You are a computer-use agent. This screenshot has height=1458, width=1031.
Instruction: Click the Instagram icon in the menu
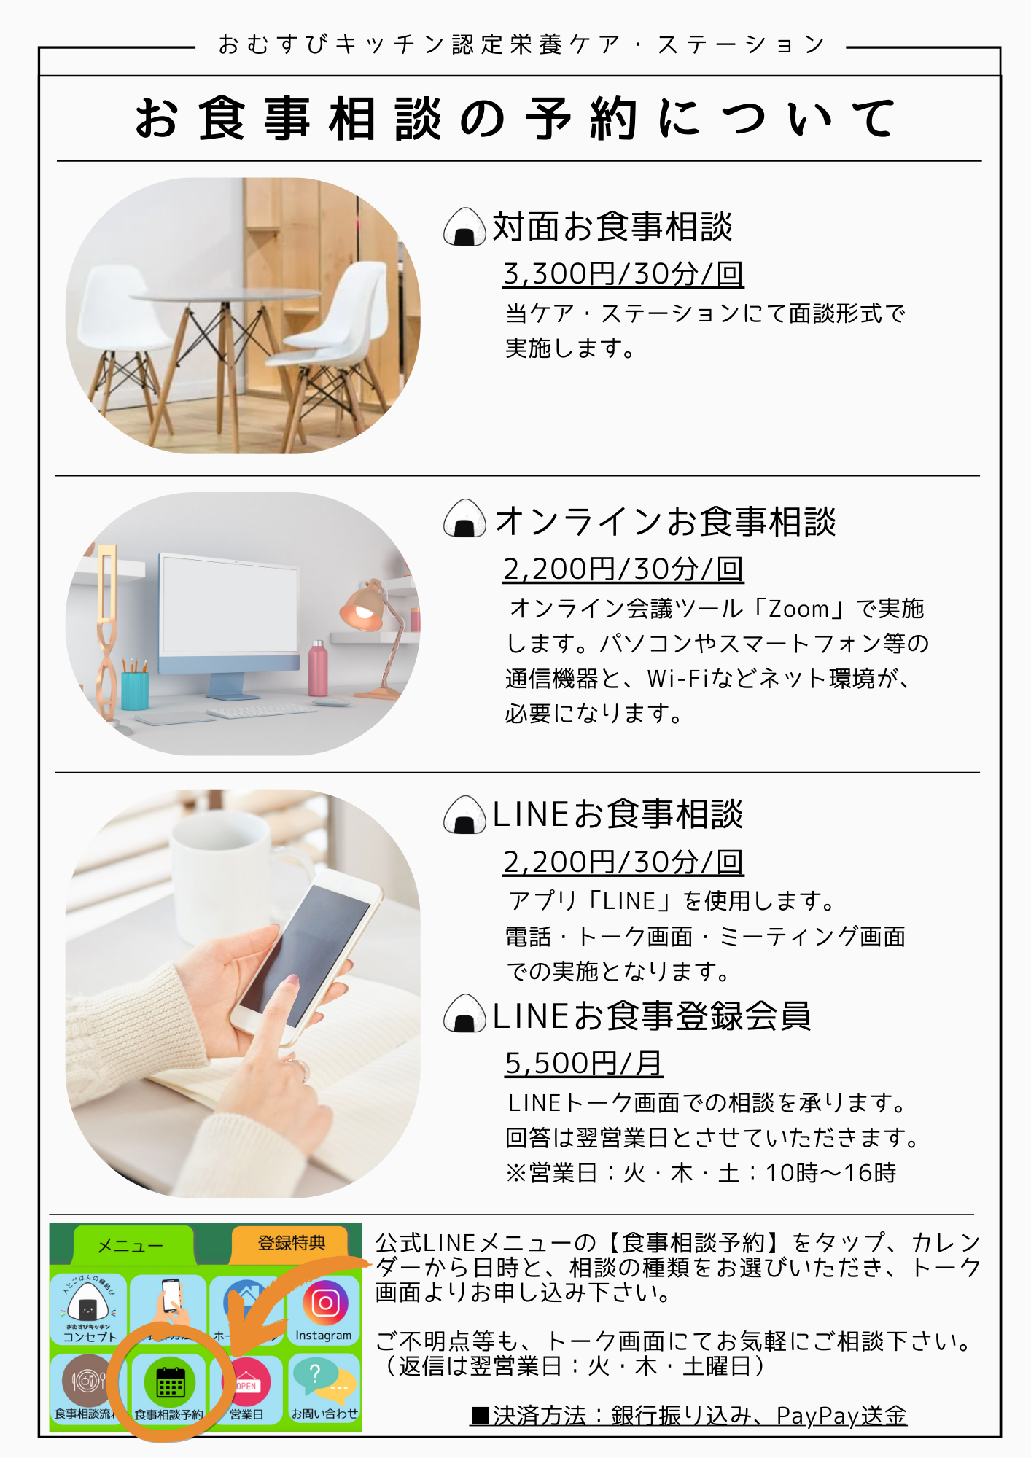pyautogui.click(x=325, y=1303)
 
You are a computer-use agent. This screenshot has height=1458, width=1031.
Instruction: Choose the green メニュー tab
pyautogui.click(x=131, y=1245)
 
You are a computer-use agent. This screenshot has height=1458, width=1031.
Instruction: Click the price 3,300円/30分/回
pyautogui.click(x=623, y=273)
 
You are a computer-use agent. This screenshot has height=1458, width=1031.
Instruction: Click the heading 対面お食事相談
pyautogui.click(x=612, y=226)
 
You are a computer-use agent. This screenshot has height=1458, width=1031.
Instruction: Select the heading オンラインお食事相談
pyautogui.click(x=666, y=521)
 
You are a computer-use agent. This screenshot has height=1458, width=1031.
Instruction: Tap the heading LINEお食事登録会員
pyautogui.click(x=652, y=1015)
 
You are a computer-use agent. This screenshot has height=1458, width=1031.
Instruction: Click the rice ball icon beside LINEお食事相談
pyautogui.click(x=464, y=814)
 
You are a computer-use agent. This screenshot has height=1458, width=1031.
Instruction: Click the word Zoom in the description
pyautogui.click(x=799, y=609)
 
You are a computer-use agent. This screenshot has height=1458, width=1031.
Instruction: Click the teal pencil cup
pyautogui.click(x=135, y=690)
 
